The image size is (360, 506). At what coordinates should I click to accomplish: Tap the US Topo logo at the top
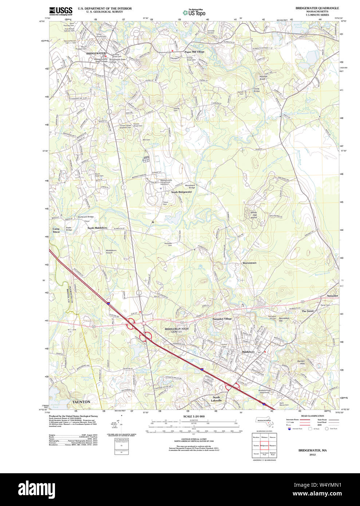194,12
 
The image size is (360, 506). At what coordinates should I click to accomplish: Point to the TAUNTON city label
81,402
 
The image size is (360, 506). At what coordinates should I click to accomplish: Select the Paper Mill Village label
194,52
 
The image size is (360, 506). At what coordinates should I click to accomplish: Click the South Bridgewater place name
181,192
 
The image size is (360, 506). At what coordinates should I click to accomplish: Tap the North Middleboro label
97,228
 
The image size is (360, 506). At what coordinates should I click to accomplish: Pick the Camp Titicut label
56,230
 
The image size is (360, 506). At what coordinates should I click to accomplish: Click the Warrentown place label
249,263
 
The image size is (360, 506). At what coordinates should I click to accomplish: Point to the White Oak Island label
253,215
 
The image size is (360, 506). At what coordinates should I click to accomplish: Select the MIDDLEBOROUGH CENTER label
177,330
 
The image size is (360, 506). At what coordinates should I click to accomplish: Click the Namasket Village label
222,319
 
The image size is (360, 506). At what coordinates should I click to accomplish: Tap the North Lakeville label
216,399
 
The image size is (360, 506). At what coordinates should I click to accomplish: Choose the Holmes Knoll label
263,78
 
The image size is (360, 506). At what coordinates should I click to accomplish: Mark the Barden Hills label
301,362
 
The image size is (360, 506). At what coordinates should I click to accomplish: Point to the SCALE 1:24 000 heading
194,416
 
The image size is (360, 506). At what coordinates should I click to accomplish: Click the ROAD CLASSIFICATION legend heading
312,416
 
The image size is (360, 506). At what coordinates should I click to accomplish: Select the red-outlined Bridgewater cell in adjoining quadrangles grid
264,445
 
